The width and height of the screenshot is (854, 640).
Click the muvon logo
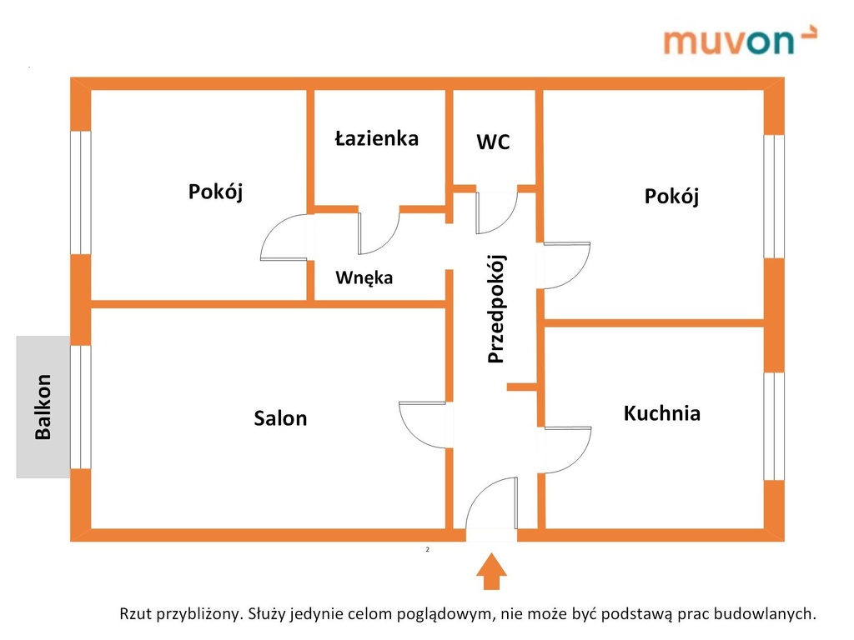coord(740,40)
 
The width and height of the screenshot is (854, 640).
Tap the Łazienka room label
coord(377,138)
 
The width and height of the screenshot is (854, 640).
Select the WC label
coord(493,142)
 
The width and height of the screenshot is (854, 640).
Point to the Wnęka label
coord(364,277)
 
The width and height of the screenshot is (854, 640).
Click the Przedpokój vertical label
coord(496,308)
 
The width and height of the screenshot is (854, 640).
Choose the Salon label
coord(280,418)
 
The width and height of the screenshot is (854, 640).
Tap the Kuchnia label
coord(661,413)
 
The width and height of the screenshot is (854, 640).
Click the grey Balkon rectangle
coord(43,407)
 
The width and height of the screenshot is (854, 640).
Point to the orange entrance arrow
coord(491,572)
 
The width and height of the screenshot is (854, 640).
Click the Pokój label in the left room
coord(216,192)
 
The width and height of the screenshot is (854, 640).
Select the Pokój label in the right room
coord(671,197)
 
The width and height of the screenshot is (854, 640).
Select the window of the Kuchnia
coord(773,427)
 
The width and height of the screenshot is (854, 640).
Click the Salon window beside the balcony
coord(81,407)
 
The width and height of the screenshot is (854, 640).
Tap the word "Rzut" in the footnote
coord(136,614)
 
